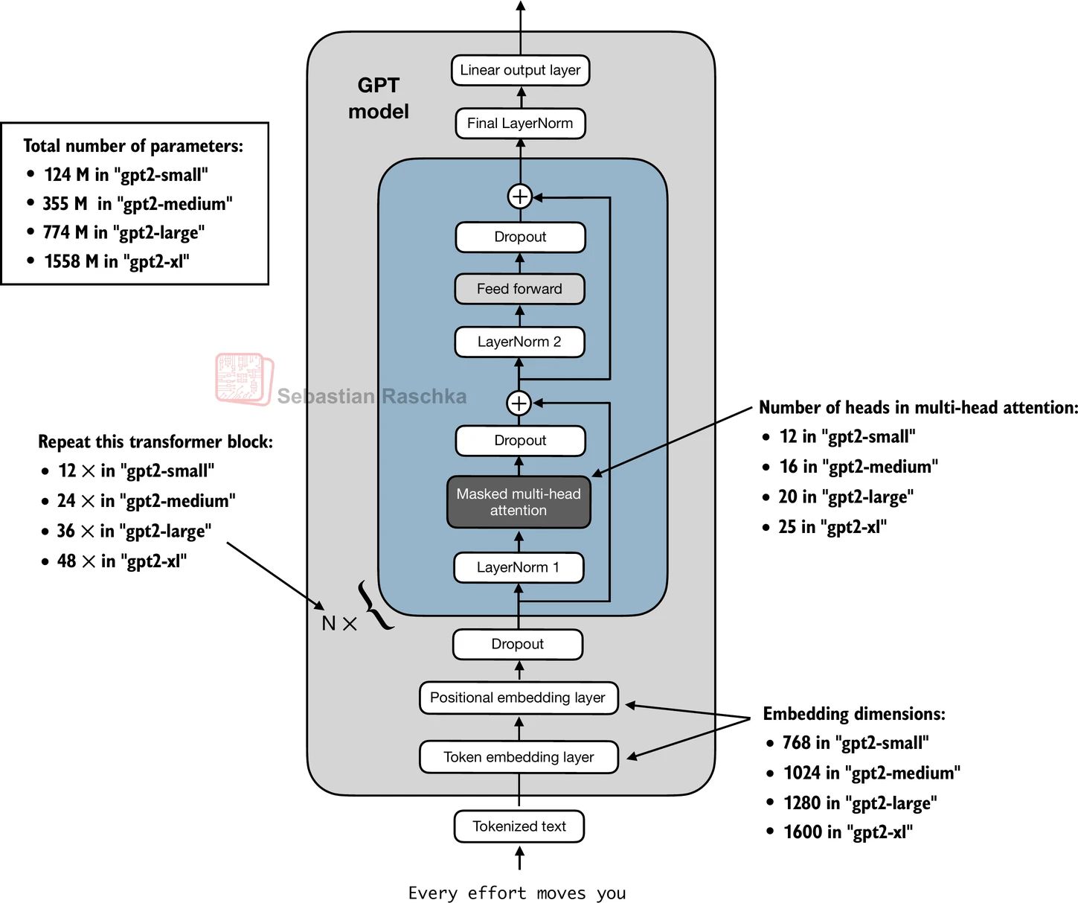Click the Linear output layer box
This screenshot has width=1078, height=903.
(520, 71)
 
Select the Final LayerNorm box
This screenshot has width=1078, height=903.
(520, 124)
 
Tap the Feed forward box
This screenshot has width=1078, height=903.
(519, 289)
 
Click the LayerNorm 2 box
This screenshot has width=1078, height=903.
(519, 342)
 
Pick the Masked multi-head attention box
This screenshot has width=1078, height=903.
(519, 502)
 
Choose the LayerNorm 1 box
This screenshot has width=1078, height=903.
(518, 567)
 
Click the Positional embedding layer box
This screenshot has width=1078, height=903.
(518, 698)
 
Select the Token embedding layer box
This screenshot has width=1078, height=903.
(519, 757)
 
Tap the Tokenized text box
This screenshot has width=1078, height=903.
(519, 826)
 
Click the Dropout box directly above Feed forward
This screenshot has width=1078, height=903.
(520, 237)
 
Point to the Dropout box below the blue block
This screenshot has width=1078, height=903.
(517, 644)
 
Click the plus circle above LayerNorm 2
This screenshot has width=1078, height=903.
(519, 403)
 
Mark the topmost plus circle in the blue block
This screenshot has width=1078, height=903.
(519, 197)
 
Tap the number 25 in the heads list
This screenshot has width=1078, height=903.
(787, 527)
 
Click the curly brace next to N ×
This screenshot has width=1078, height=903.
(374, 605)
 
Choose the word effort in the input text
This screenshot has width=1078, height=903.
(496, 893)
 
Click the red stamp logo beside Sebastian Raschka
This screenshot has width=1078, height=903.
(244, 379)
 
